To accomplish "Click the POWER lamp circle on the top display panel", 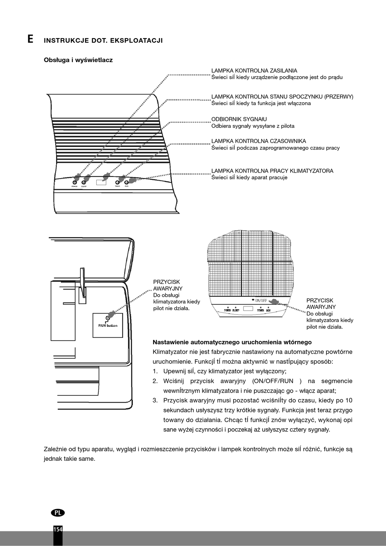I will tap(74, 183).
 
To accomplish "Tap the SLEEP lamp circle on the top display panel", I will tap(84, 183).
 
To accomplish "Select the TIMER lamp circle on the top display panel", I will tap(118, 182).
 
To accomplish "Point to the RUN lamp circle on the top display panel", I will tap(127, 182).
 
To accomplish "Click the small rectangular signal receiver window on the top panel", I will tap(101, 181).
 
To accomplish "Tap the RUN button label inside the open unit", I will tap(108, 326).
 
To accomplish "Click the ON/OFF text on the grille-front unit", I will tap(260, 301).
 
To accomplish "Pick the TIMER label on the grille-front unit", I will tap(261, 310).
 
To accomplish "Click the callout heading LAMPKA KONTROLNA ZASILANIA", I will tap(254, 71).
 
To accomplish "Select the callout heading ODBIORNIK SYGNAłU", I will tap(239, 119).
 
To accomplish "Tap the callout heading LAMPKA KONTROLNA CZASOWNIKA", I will tap(258, 141).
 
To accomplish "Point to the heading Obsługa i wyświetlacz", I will tap(78, 60).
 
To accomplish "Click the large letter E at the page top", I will tap(30, 39).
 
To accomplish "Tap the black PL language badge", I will tap(58, 512).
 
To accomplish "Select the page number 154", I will tap(58, 529).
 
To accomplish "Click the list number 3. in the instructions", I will tap(155, 400).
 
